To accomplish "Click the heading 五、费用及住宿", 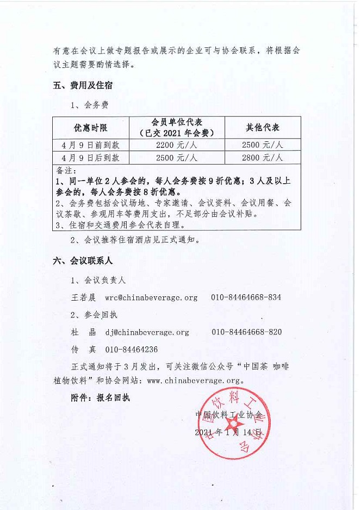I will point(83,86).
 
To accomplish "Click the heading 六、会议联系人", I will point(83,261).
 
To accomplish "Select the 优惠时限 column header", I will point(91,128).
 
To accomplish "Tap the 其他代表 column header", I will point(263,128).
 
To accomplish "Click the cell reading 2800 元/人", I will point(263,158).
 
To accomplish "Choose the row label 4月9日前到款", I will point(91,145).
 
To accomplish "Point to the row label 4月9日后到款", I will point(91,158).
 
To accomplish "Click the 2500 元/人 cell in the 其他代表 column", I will point(263,145).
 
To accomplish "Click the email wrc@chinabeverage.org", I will point(151,298).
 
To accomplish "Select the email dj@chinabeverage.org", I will point(147,332).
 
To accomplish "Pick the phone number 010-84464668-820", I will point(246,332).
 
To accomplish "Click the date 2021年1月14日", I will point(229,433).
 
